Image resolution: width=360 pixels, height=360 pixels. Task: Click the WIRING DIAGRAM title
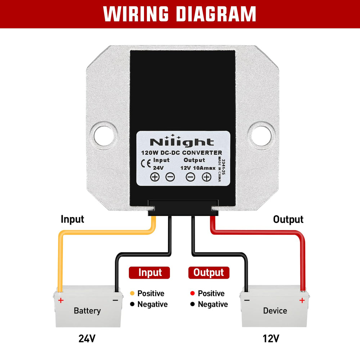[x=180, y=14]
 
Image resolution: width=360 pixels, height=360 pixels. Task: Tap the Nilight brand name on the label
[x=182, y=142]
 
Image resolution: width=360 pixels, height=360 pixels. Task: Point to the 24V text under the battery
[x=87, y=338]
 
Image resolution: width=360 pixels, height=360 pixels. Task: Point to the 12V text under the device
[x=271, y=338]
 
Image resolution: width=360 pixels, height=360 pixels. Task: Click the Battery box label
[x=87, y=310]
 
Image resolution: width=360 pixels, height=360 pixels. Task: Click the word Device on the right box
[x=275, y=310]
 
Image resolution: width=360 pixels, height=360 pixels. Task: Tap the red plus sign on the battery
[x=61, y=300]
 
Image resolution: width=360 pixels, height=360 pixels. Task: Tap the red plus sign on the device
[x=302, y=300]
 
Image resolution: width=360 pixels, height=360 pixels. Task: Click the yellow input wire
[x=104, y=233]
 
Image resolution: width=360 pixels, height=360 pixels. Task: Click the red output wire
[x=259, y=233]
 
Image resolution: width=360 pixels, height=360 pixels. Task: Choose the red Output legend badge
[x=208, y=273]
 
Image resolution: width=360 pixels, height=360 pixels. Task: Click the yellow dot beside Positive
[x=132, y=293]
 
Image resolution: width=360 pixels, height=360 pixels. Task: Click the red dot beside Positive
[x=193, y=293]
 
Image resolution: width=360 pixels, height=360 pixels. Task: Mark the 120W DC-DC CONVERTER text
[x=181, y=153]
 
